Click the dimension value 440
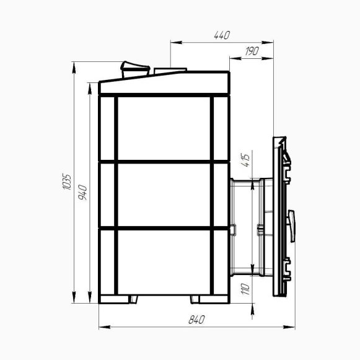(x=221, y=35)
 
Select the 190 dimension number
(x=252, y=51)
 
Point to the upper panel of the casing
(x=164, y=128)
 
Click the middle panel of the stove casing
(x=164, y=194)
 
